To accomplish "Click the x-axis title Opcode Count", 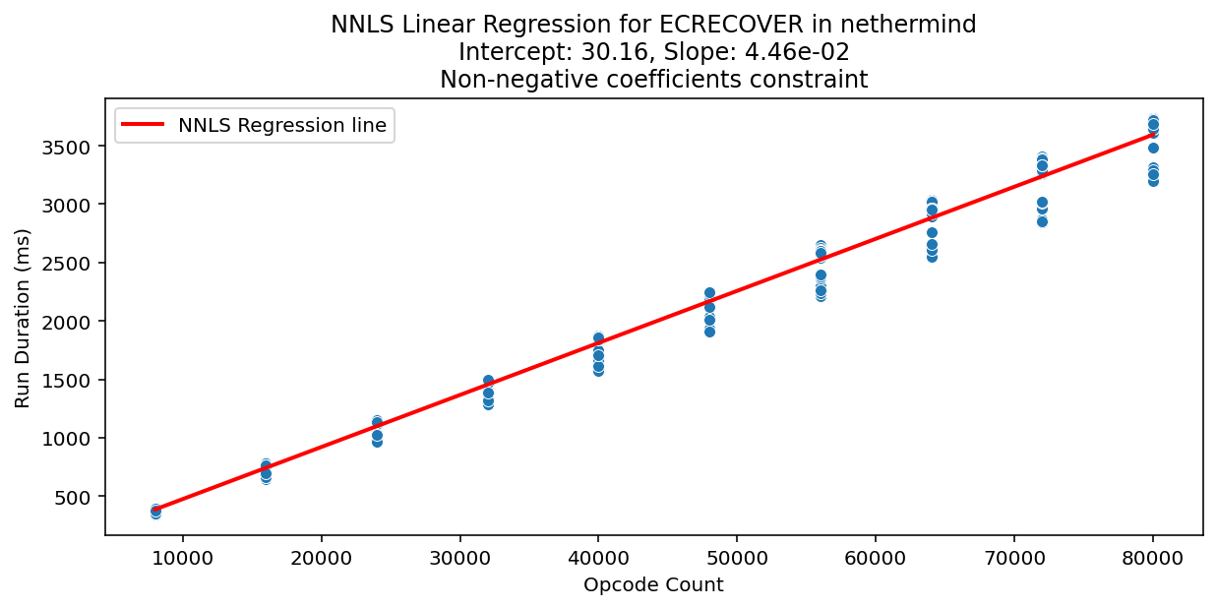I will coord(653,585).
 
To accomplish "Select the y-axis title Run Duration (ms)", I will coord(23,317).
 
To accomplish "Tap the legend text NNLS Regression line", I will coord(282,125).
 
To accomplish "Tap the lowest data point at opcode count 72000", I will coord(1042,221).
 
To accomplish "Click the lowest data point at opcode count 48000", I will coord(709,332).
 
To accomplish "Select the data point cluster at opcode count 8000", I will coord(155,511).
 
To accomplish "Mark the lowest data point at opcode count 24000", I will coord(377,442).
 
